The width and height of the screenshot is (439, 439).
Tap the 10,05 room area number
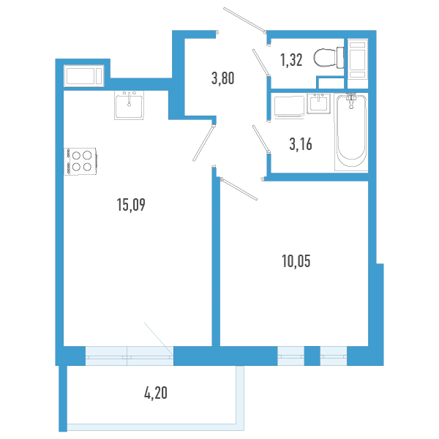click(x=297, y=260)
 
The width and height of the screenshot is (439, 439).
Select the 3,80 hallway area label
click(x=222, y=78)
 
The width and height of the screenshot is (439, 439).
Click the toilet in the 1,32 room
click(x=327, y=56)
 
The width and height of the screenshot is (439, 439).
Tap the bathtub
click(x=351, y=132)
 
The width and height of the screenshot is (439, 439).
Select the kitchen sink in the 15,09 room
click(x=130, y=105)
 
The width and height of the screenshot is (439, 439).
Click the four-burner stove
click(x=81, y=161)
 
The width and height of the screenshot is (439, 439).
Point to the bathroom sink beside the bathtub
click(x=318, y=104)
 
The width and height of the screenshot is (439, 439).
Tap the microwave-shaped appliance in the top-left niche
click(x=86, y=75)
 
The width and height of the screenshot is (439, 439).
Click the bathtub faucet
click(x=352, y=99)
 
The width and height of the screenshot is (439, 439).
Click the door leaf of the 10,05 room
click(x=239, y=188)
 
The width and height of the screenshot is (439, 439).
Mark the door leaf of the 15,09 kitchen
click(x=204, y=140)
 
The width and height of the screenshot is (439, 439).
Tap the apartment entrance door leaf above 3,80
click(x=244, y=20)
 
